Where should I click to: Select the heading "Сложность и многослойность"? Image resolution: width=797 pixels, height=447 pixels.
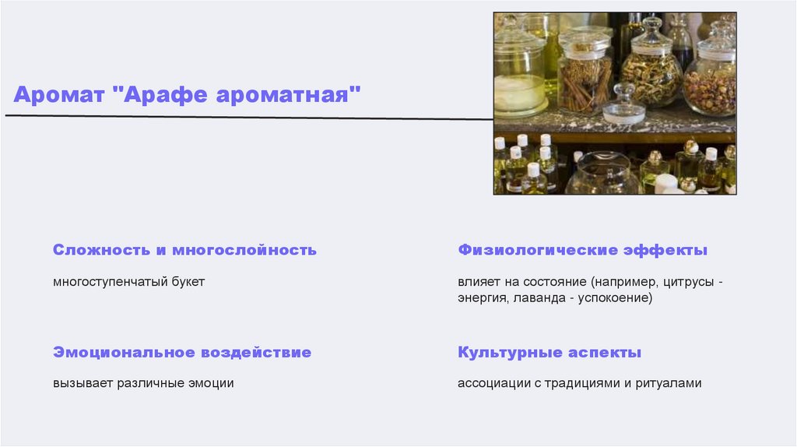tap(184, 250)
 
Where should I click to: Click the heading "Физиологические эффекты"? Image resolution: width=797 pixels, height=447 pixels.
tap(582, 250)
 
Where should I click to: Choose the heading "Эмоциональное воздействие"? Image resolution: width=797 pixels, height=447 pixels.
tap(182, 352)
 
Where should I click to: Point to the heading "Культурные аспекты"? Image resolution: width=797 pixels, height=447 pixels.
tap(549, 352)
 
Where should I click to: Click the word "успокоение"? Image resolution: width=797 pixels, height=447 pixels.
tap(614, 297)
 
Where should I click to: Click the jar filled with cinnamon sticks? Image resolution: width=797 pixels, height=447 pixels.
tap(584, 78)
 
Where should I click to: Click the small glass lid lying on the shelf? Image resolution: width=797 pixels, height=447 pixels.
tap(623, 109)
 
